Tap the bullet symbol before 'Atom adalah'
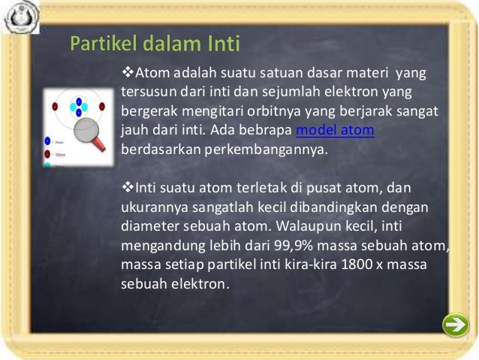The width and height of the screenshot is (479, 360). (x=126, y=74)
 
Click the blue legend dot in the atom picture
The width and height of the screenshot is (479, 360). (x=47, y=141)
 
